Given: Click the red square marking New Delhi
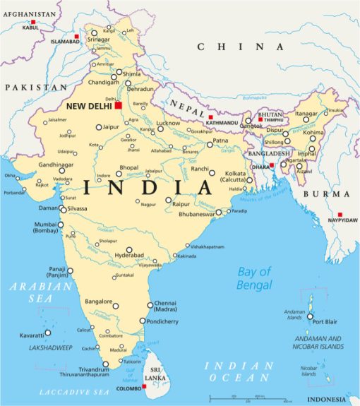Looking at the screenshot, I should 119,105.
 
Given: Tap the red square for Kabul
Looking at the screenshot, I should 32,23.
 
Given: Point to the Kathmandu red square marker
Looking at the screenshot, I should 210,117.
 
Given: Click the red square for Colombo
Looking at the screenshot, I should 144,386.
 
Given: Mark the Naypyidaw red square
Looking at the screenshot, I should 340,214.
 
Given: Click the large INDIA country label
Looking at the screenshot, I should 147,188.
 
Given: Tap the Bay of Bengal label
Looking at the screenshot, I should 254,278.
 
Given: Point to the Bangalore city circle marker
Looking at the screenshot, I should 116,306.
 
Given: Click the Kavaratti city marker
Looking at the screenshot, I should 48,333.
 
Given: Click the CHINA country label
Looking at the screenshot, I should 231,47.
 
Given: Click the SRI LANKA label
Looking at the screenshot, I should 155,374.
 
